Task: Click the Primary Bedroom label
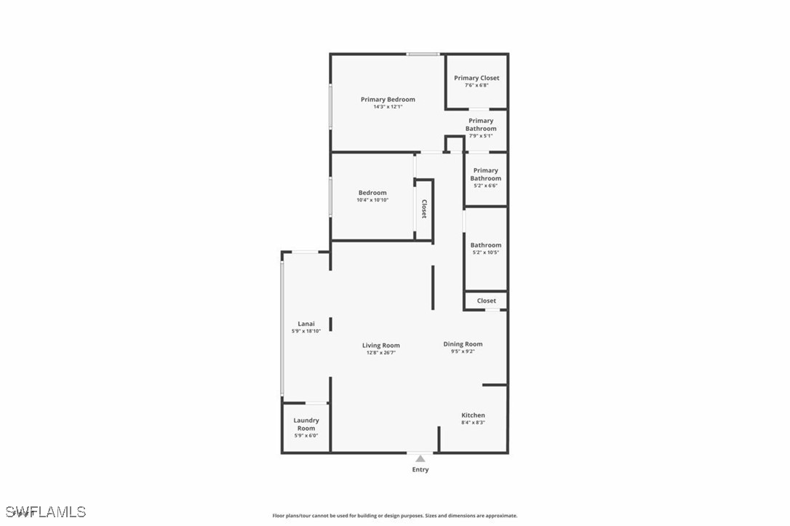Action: coord(388,99)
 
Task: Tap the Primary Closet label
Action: coord(476,78)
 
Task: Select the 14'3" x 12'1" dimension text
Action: coord(388,107)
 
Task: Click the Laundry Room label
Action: coord(306,424)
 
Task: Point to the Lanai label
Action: coord(306,324)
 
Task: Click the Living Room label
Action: coord(381,345)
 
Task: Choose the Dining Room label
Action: coord(463,344)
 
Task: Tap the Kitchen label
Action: coord(473,415)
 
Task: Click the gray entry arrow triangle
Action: coord(420,458)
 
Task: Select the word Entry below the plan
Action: coord(420,469)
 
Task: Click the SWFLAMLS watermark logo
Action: coord(45,512)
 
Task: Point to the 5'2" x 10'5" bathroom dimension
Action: coord(486,252)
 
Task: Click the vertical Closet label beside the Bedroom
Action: coord(424,209)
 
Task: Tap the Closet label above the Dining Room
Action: coord(487,300)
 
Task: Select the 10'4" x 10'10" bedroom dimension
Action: coord(372,200)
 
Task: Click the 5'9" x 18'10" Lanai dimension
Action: coord(306,331)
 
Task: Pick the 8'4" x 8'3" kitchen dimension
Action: coord(473,423)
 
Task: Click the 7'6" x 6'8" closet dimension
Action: coord(476,85)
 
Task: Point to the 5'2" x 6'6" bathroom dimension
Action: coord(486,186)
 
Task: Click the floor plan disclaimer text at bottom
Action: coord(395,516)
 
